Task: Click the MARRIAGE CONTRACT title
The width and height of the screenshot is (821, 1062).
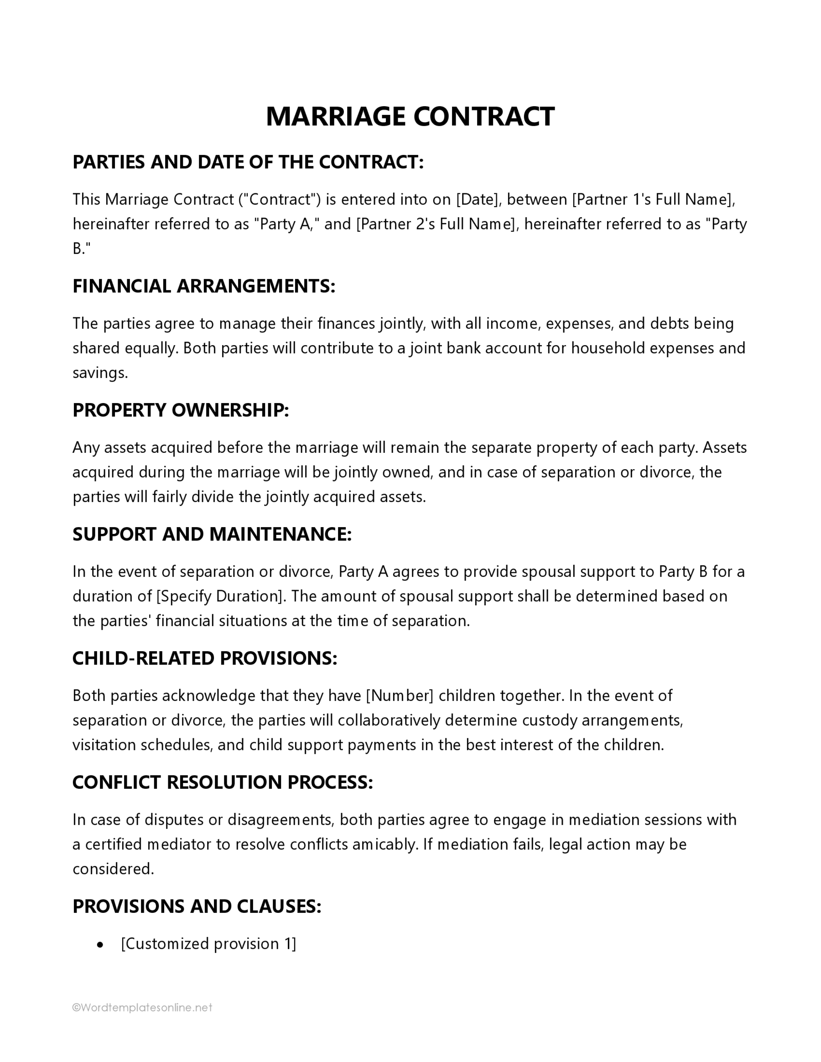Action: pyautogui.click(x=410, y=117)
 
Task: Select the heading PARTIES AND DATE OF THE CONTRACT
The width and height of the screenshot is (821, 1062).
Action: pyautogui.click(x=248, y=162)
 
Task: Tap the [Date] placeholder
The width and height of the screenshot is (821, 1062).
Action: pyautogui.click(x=477, y=199)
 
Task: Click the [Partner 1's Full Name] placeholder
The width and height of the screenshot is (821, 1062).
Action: pyautogui.click(x=653, y=199)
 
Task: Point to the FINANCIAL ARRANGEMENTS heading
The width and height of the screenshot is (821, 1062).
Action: pyautogui.click(x=204, y=286)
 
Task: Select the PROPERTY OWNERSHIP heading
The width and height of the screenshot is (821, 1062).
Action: pyautogui.click(x=181, y=410)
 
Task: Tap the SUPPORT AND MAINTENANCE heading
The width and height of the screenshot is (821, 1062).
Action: pyautogui.click(x=212, y=534)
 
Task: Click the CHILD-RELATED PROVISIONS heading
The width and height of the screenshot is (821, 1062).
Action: pyautogui.click(x=204, y=658)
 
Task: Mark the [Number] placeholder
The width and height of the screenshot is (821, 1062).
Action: pyautogui.click(x=399, y=695)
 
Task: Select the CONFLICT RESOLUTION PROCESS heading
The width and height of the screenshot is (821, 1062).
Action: pyautogui.click(x=222, y=782)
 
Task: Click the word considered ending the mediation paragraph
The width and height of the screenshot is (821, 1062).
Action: pyautogui.click(x=112, y=869)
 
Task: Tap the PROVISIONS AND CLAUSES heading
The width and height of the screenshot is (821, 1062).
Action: pyautogui.click(x=197, y=906)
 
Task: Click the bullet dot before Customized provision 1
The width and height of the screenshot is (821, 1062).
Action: pyautogui.click(x=100, y=945)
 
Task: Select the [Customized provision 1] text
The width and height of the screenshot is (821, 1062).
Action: pyautogui.click(x=208, y=944)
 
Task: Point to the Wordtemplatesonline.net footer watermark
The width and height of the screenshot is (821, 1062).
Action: pyautogui.click(x=142, y=1008)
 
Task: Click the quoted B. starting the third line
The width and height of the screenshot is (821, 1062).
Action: pyautogui.click(x=81, y=249)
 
